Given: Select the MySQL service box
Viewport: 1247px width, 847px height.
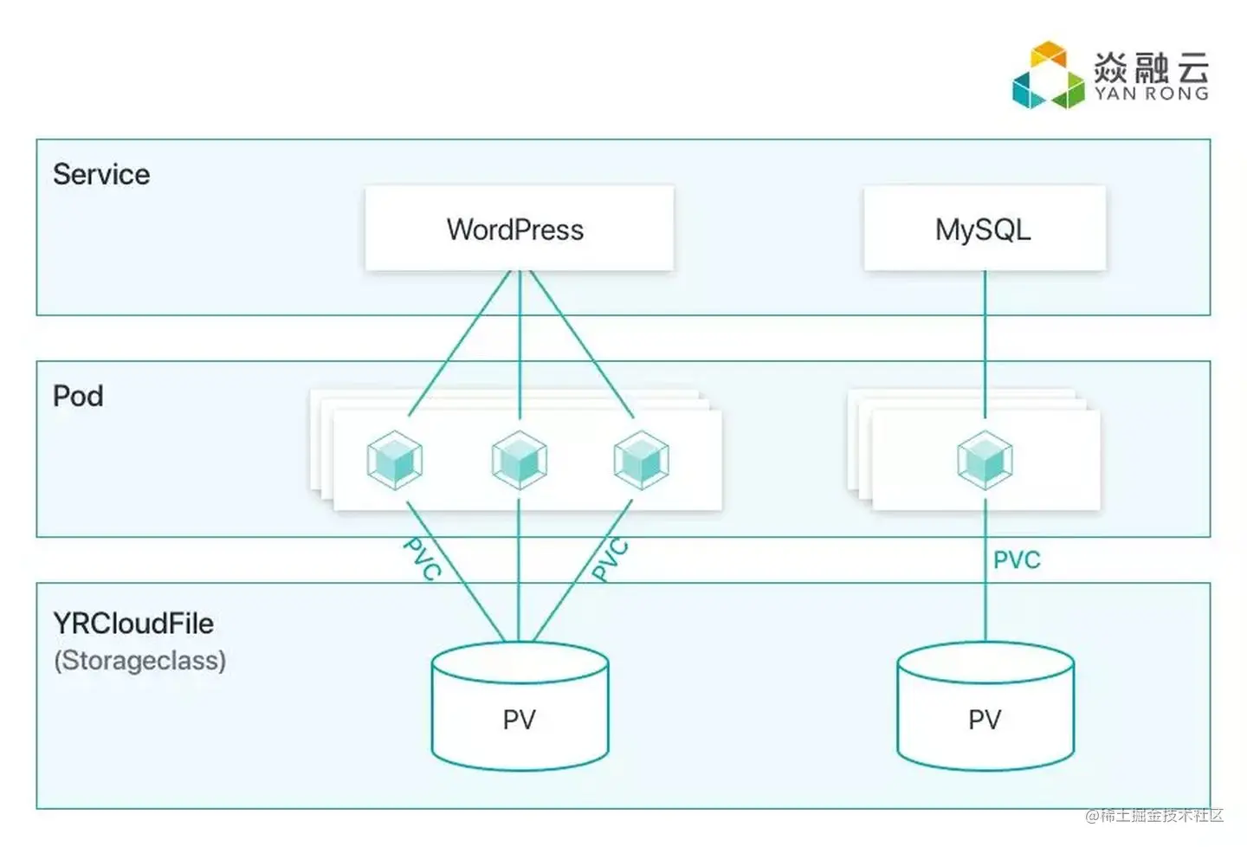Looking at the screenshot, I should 984,229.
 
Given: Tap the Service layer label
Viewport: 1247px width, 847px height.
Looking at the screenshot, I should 101,174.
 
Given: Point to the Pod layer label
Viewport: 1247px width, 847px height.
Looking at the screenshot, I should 78,396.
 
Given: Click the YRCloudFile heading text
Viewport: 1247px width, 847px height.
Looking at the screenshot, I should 133,623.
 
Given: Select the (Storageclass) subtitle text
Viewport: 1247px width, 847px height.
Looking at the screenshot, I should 139,660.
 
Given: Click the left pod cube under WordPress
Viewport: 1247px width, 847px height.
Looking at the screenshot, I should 395,460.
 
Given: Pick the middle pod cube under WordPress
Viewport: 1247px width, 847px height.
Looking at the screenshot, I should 519,460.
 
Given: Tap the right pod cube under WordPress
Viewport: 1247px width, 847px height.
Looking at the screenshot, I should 641,460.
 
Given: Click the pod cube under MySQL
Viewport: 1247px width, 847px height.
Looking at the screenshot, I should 985,460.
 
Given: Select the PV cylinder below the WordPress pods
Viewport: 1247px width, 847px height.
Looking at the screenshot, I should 520,706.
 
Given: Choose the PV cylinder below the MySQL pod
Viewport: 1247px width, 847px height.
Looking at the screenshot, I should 985,706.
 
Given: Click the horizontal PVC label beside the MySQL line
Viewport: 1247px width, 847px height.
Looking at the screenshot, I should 1017,560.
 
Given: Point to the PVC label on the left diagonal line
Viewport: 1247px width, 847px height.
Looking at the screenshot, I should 423,559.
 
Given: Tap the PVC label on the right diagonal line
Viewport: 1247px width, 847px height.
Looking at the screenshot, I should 611,559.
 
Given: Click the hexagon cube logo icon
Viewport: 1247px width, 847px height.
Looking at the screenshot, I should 1048,76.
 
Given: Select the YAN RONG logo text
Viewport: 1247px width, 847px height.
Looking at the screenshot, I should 1152,94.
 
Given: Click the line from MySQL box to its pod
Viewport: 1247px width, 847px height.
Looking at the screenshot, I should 985,338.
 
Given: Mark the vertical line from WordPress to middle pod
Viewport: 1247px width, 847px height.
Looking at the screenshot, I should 520,338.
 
